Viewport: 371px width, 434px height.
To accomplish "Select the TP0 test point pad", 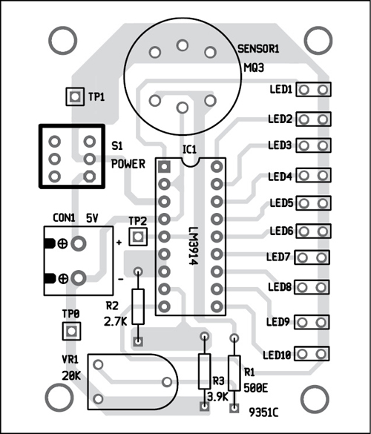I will (70, 330).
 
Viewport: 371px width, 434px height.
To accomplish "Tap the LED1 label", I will (280, 90).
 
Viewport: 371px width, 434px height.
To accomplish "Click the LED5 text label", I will (280, 203).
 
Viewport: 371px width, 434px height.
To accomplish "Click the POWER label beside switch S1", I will (128, 162).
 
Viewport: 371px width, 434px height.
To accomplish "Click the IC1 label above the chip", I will (189, 149).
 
